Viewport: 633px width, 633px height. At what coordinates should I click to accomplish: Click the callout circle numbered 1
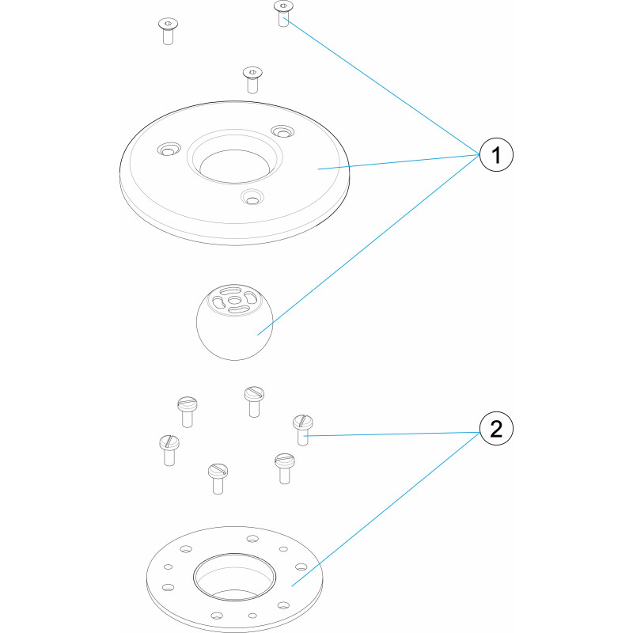point(496,154)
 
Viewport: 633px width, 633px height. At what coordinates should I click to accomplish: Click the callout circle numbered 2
point(496,428)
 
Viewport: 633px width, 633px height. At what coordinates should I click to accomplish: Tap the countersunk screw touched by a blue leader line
point(283,13)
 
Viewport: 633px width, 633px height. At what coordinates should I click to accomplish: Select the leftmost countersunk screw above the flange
point(168,31)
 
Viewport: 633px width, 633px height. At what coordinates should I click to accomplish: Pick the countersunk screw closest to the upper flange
point(252,80)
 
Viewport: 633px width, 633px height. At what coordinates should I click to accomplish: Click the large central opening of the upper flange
point(234,165)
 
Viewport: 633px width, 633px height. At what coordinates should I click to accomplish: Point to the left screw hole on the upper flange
point(169,150)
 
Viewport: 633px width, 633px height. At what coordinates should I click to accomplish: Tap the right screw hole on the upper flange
point(282,131)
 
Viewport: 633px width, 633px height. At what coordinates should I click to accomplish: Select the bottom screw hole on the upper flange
point(252,198)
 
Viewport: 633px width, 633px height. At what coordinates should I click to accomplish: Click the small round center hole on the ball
point(234,301)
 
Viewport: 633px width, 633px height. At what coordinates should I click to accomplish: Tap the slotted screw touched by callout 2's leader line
point(303,430)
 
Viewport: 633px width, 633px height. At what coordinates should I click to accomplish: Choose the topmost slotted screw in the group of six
point(254,402)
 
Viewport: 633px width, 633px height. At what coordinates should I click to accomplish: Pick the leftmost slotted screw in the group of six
point(169,450)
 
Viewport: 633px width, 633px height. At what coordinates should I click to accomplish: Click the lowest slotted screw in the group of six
point(218,479)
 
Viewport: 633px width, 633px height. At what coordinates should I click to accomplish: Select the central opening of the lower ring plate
point(234,578)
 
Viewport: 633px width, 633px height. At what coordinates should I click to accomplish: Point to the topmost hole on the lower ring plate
point(252,539)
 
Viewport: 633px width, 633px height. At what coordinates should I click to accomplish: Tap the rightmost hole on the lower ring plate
point(301,567)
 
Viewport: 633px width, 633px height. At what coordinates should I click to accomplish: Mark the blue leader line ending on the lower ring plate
point(385,509)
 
